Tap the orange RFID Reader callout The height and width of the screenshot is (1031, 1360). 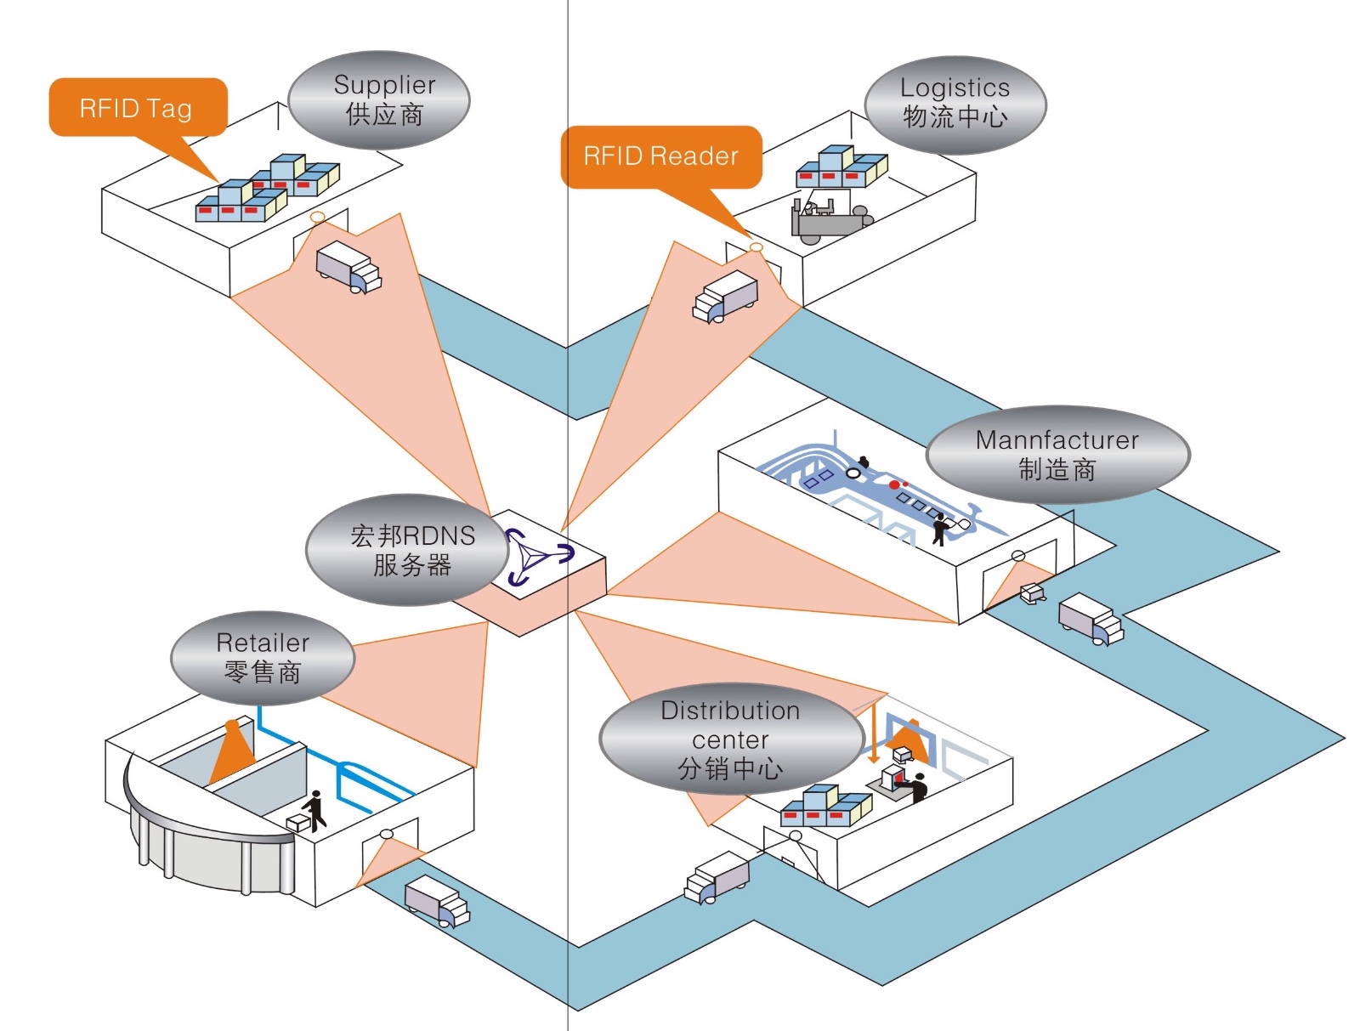[x=660, y=156]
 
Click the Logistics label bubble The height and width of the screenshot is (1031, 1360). [x=955, y=105]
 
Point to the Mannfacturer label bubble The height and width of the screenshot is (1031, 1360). [x=1057, y=455]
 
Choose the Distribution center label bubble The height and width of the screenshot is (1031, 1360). [x=730, y=739]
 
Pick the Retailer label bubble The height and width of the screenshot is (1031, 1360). [x=263, y=658]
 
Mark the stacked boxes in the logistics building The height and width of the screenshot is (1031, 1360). [x=841, y=167]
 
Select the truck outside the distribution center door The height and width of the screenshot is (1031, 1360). [x=717, y=877]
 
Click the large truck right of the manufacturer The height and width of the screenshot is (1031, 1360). [x=1091, y=619]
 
